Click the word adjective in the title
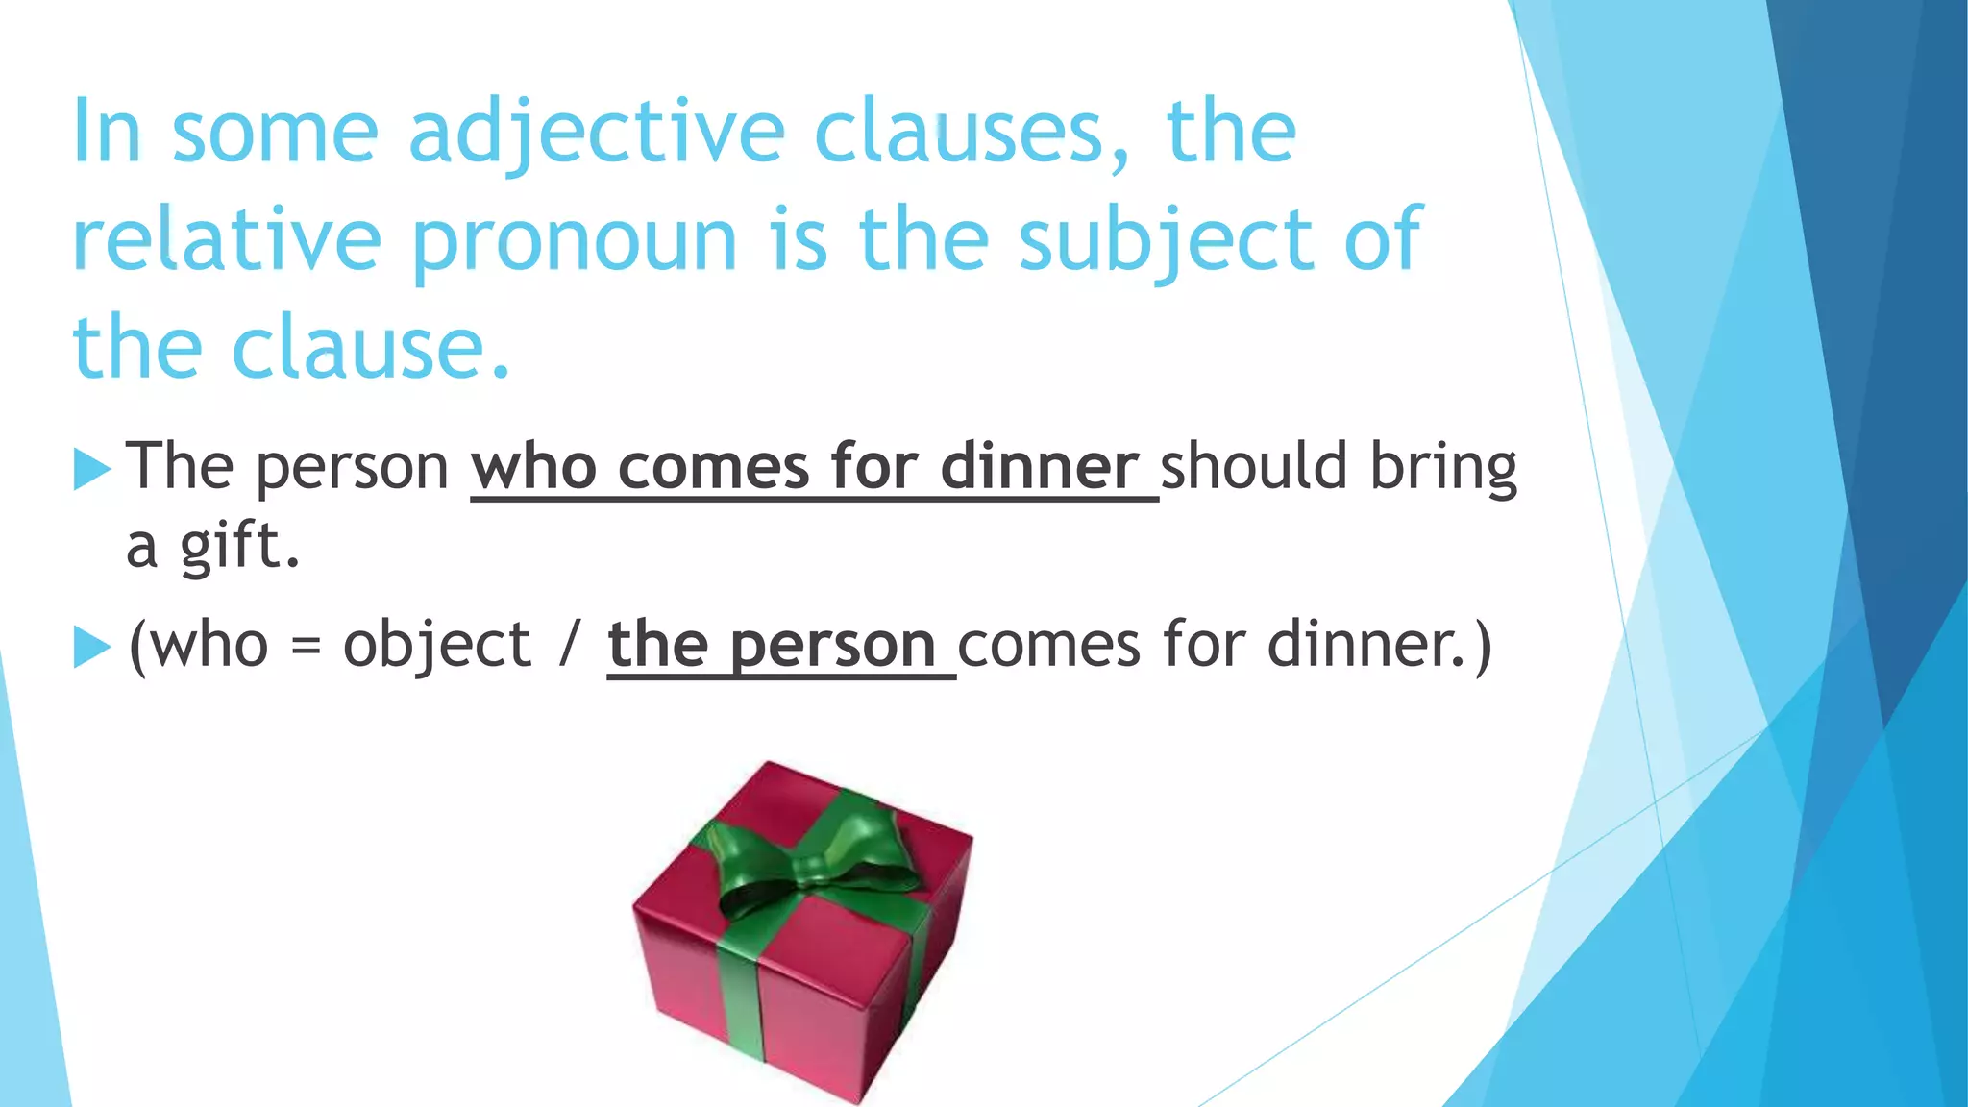tap(596, 135)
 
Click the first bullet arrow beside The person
tap(92, 470)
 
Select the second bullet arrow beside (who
tap(92, 647)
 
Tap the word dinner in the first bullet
tap(1039, 468)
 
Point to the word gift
tap(240, 547)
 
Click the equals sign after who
tap(305, 647)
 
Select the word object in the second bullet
tap(436, 645)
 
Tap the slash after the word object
tap(570, 645)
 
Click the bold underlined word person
tap(832, 647)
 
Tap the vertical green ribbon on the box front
tap(743, 999)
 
